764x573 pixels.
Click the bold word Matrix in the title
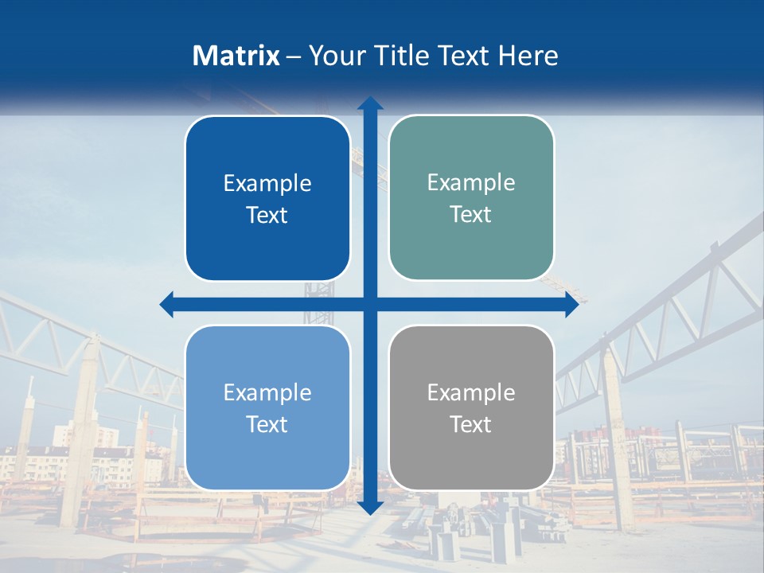[236, 56]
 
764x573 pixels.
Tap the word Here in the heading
[528, 56]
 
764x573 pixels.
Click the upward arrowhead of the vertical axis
[370, 104]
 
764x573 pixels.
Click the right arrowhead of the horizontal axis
[571, 304]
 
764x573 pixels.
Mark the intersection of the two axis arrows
[370, 304]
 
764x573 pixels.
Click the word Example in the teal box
[471, 183]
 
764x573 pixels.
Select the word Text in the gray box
[471, 425]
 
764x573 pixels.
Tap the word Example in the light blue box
[267, 393]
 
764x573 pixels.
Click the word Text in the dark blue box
[267, 216]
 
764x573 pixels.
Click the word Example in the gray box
[471, 393]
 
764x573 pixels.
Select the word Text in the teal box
[471, 215]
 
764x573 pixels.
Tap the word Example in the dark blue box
[267, 184]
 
